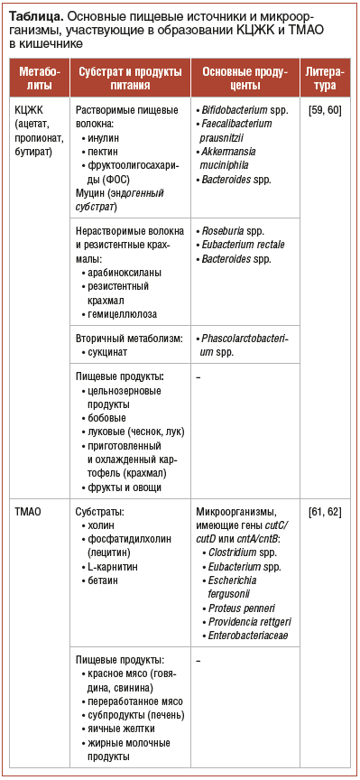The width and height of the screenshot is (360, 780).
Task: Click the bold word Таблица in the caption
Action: click(x=33, y=15)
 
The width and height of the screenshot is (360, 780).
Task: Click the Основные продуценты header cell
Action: click(x=245, y=79)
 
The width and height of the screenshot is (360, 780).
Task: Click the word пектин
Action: click(x=104, y=153)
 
